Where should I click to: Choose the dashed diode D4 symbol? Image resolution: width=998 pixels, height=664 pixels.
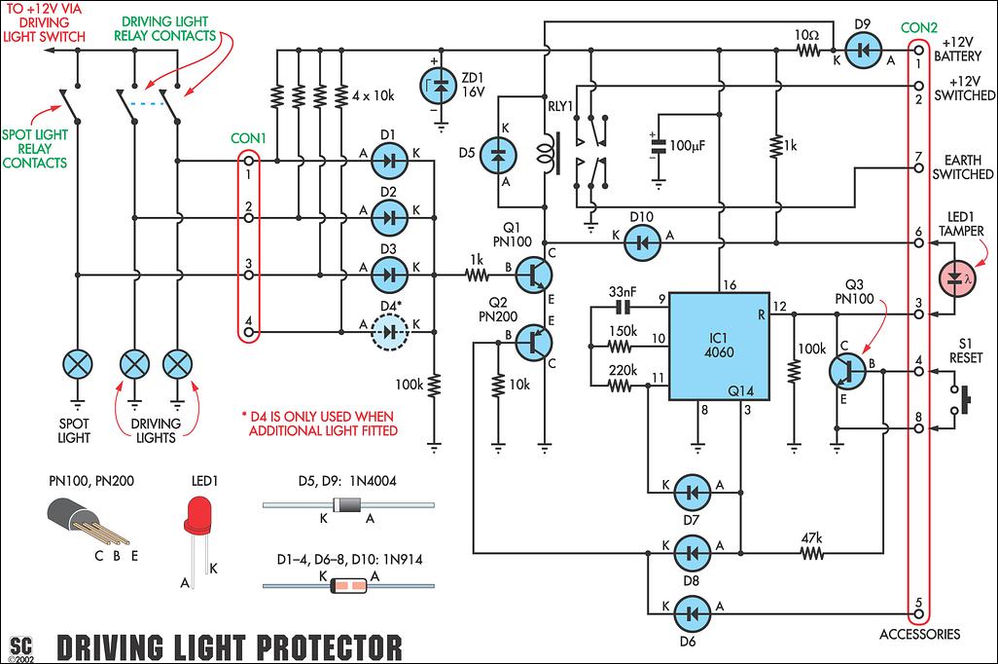click(x=389, y=332)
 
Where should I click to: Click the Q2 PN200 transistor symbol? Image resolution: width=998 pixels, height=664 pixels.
click(x=531, y=339)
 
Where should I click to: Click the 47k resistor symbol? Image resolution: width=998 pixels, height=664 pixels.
click(x=811, y=554)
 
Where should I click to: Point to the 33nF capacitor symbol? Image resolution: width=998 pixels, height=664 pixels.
click(x=624, y=309)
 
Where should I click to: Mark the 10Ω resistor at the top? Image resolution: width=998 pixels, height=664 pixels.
click(x=807, y=50)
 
